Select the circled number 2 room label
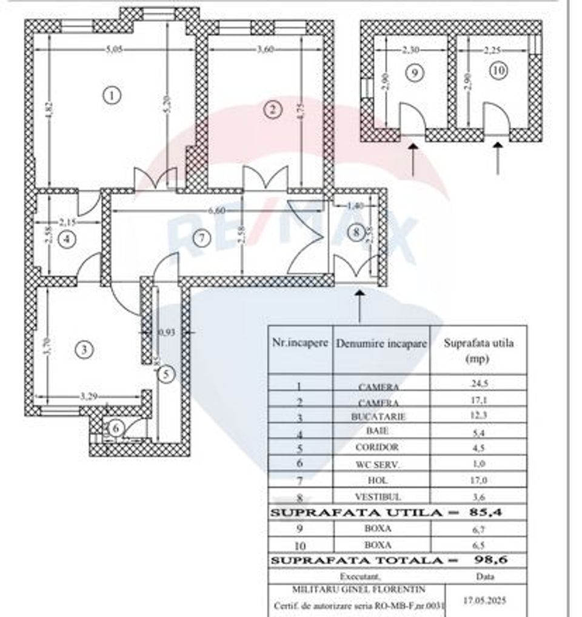(273, 109)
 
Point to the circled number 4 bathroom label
(68, 239)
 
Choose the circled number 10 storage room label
(498, 71)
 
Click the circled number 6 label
(117, 428)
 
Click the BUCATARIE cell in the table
(378, 417)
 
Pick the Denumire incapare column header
(381, 344)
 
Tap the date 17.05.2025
(484, 601)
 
